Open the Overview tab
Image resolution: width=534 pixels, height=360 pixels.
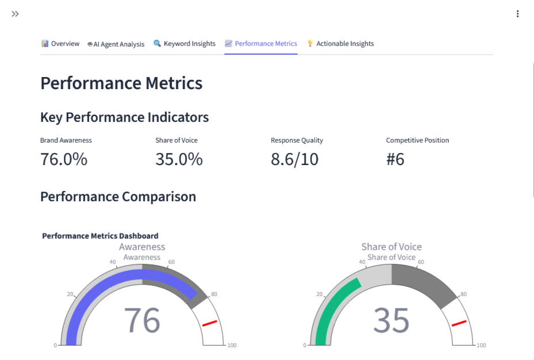[60, 44]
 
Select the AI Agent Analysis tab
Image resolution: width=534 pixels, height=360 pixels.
[116, 44]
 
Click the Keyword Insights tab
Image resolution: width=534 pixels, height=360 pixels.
[185, 44]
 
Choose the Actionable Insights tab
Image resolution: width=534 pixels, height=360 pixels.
[340, 44]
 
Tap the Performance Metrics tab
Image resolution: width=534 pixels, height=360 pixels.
[261, 44]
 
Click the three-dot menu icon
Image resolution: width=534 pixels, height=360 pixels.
[518, 14]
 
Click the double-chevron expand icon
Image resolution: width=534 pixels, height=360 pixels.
[15, 14]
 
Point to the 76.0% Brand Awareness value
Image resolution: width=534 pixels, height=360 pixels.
[64, 159]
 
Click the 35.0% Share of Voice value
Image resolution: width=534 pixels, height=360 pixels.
[179, 159]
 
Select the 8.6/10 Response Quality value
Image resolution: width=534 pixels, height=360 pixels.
[295, 159]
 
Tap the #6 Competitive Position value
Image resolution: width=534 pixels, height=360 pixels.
[395, 159]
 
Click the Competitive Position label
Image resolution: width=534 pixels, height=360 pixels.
[417, 140]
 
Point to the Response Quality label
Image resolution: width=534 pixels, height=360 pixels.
[297, 140]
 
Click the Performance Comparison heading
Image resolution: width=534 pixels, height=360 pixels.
[118, 197]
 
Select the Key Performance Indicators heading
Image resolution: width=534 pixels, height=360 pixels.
[124, 117]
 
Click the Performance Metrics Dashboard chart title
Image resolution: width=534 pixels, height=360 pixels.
[100, 236]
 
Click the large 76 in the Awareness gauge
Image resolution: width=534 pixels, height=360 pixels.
[142, 320]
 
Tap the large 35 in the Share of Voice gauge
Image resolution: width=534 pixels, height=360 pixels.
[391, 320]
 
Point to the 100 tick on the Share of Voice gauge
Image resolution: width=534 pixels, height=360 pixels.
[482, 346]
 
